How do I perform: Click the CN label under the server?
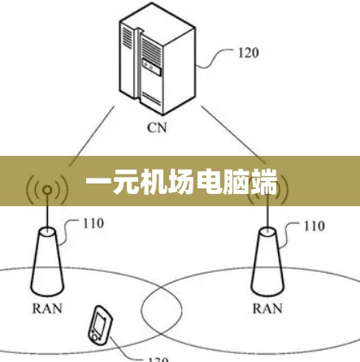(x=157, y=127)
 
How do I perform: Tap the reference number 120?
(x=249, y=53)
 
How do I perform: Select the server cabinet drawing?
(x=158, y=59)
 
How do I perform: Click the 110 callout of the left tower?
(x=93, y=223)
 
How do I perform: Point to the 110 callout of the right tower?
(x=314, y=226)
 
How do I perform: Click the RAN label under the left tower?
(x=47, y=308)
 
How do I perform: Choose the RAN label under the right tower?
(x=267, y=308)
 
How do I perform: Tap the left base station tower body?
(x=47, y=261)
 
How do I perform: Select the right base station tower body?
(x=267, y=261)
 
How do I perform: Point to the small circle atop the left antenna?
(x=47, y=190)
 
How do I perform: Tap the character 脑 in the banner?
(x=236, y=182)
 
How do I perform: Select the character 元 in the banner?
(x=125, y=182)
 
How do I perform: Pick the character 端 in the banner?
(x=263, y=182)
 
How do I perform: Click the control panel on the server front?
(x=151, y=67)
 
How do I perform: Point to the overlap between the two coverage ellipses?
(x=162, y=310)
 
